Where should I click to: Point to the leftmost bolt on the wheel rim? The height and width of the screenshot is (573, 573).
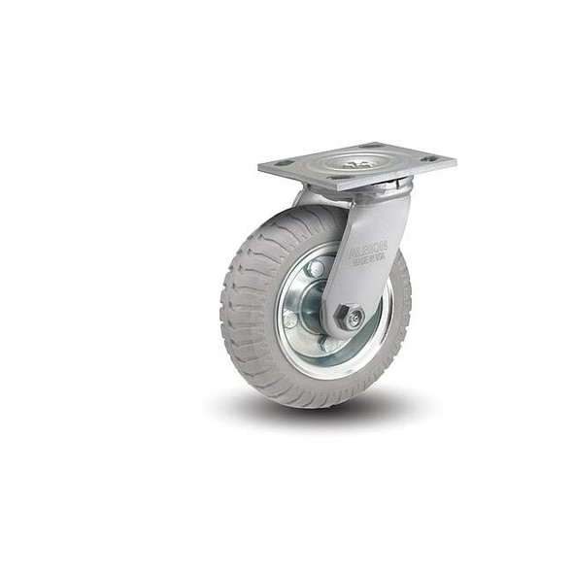[290, 319]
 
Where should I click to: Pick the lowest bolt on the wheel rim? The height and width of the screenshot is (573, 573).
[330, 344]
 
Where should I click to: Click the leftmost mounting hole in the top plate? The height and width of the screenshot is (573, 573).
[284, 164]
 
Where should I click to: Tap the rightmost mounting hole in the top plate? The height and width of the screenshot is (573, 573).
[431, 157]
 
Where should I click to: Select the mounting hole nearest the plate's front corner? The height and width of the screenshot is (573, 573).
[340, 179]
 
